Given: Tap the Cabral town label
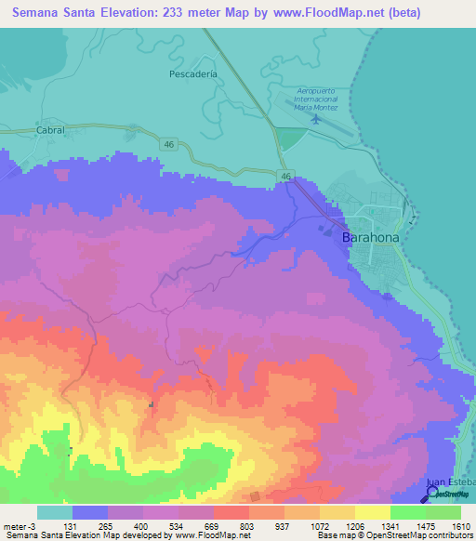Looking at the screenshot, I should (50, 131).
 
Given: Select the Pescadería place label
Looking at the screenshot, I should (193, 73).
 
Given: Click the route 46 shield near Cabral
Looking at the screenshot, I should (167, 143).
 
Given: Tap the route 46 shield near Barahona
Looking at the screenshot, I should (287, 176).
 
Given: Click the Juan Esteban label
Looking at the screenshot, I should (450, 482).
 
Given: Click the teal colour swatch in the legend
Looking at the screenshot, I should (55, 512).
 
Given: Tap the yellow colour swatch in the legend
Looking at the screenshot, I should (372, 512).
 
